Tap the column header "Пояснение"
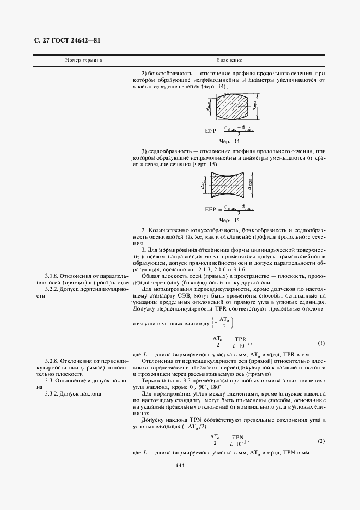(x=229, y=60)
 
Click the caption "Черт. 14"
(x=229, y=141)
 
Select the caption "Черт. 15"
(x=229, y=220)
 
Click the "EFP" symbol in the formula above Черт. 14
(x=212, y=131)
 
